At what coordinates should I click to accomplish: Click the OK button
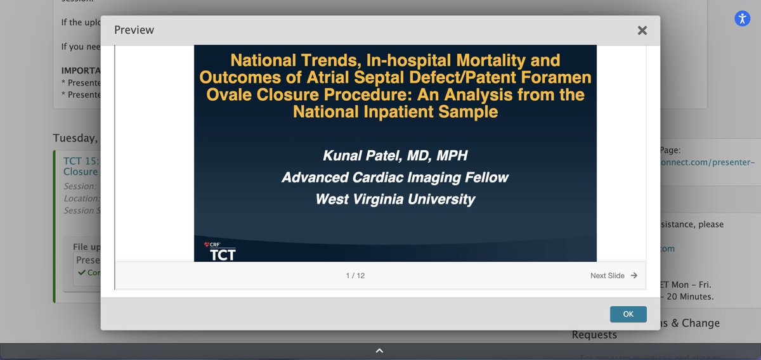[x=628, y=314]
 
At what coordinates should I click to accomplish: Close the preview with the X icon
[x=642, y=30]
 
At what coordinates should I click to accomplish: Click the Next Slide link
[x=607, y=276]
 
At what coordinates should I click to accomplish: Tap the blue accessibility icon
[x=742, y=18]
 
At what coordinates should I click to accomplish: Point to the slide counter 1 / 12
[x=355, y=276]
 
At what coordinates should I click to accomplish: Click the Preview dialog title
[x=134, y=30]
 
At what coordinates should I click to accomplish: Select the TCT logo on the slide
[x=223, y=255]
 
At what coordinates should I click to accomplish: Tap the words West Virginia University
[x=395, y=199]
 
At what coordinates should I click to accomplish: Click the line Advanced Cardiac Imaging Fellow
[x=395, y=177]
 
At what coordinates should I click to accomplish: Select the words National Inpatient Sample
[x=395, y=112]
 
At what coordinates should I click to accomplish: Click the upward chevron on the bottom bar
[x=379, y=350]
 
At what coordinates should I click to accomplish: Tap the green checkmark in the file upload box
[x=81, y=273]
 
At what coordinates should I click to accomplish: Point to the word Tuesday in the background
[x=74, y=138]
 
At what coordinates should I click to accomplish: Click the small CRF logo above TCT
[x=212, y=243]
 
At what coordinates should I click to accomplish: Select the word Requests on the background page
[x=594, y=335]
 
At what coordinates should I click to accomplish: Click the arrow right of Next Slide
[x=634, y=276]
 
